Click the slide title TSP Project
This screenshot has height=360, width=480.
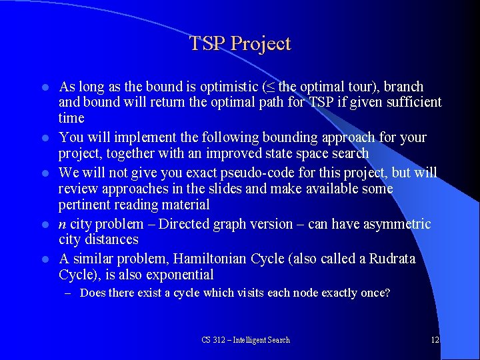click(240, 44)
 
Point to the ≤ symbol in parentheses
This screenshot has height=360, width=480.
click(269, 87)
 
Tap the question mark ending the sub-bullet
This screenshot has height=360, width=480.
click(387, 293)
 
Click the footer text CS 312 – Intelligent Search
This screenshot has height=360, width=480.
click(245, 340)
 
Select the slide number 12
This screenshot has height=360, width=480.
click(435, 340)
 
